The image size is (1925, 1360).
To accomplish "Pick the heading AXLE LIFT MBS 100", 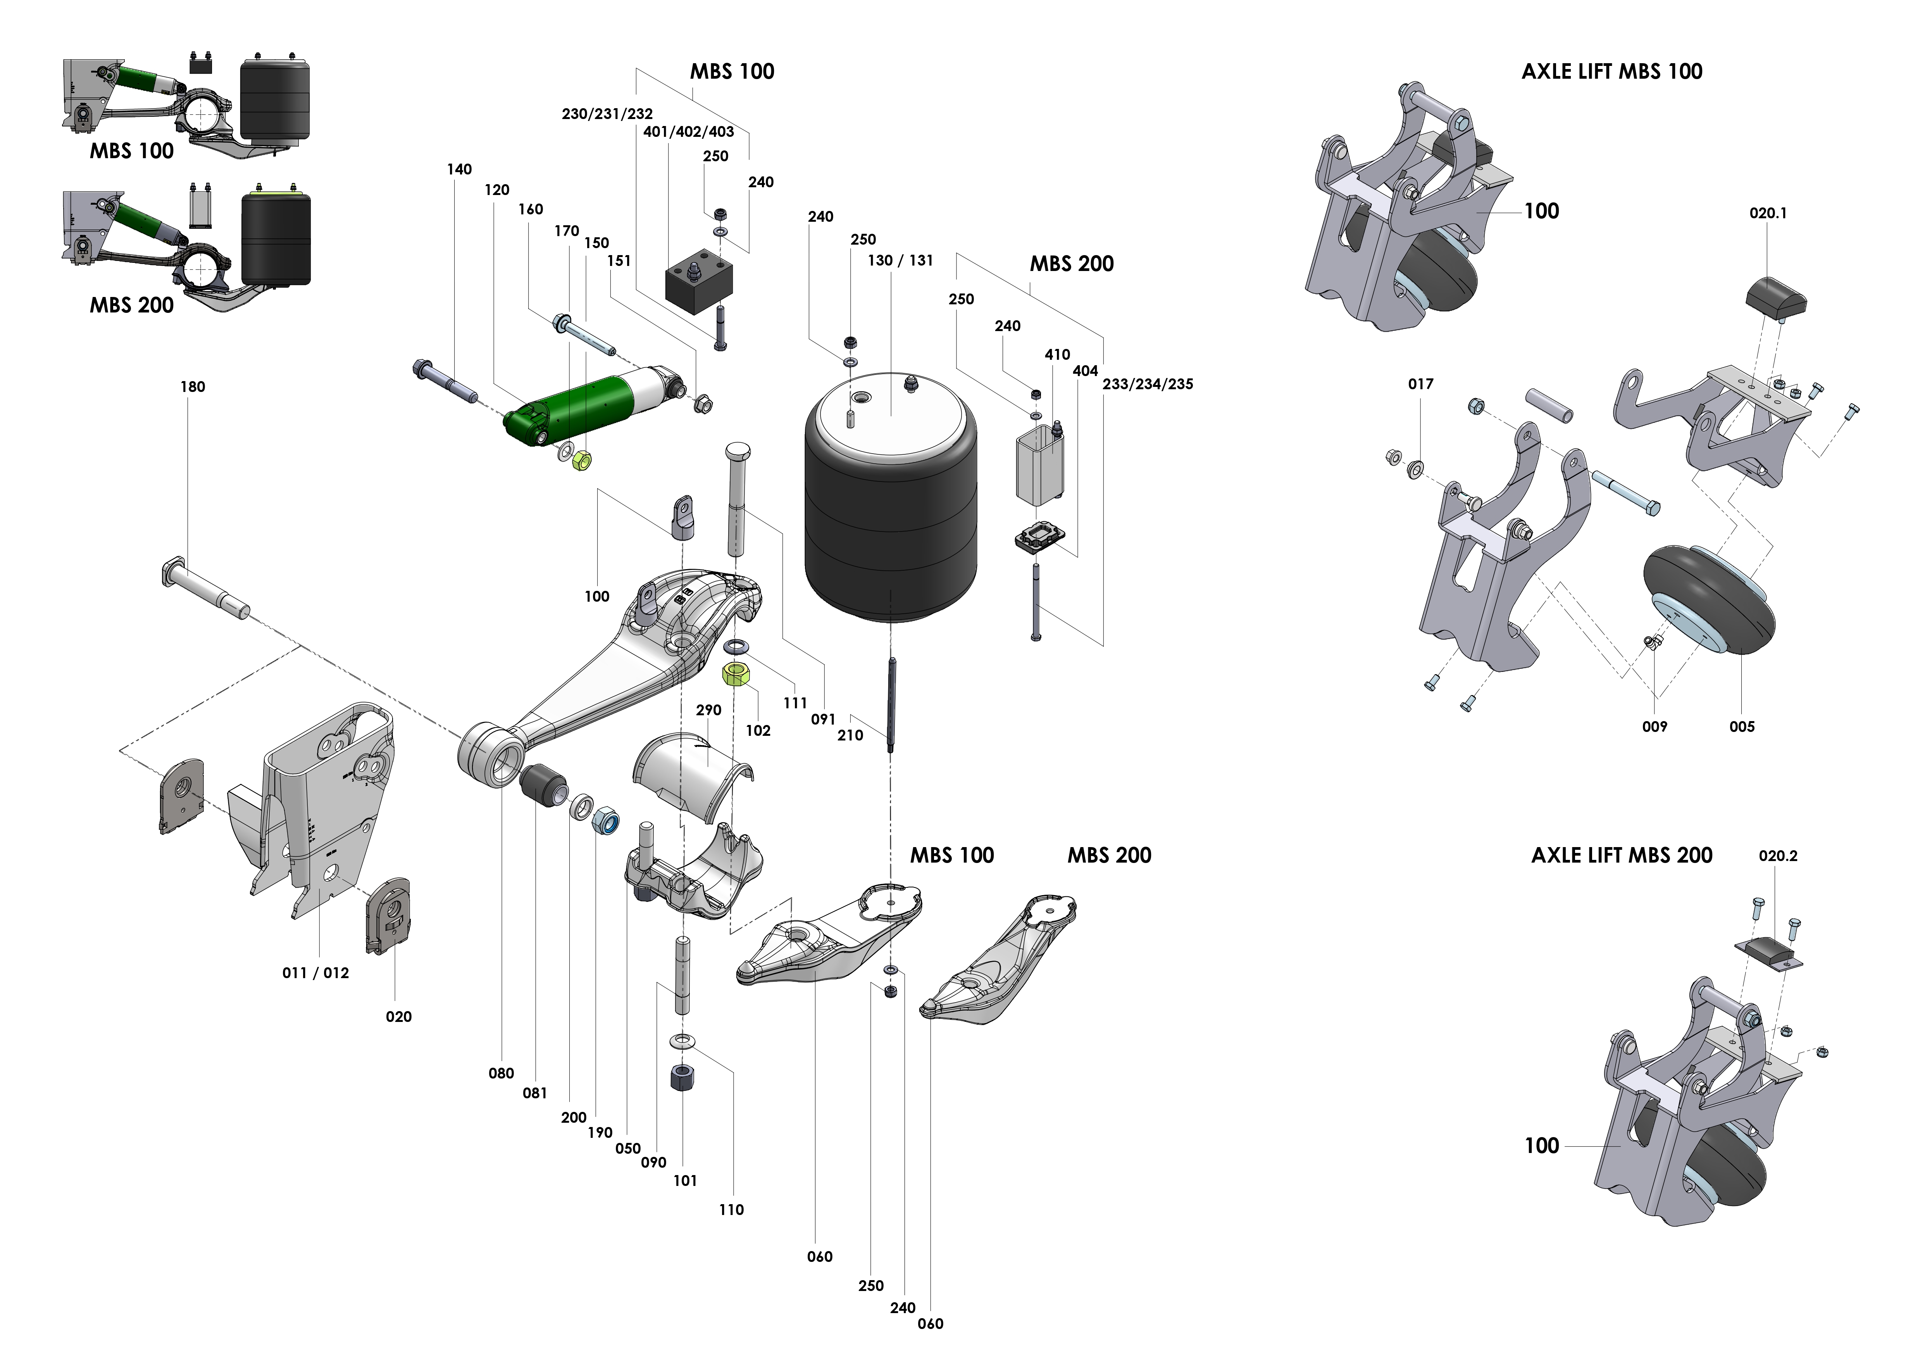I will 1611,71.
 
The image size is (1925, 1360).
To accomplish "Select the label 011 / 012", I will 315,973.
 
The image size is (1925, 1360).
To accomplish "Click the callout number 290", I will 708,709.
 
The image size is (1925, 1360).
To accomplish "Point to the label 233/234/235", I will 1147,384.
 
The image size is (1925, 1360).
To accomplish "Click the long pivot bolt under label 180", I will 205,589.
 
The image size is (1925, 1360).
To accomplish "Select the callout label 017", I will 1420,384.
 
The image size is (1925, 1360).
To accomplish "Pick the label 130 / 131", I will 900,261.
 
